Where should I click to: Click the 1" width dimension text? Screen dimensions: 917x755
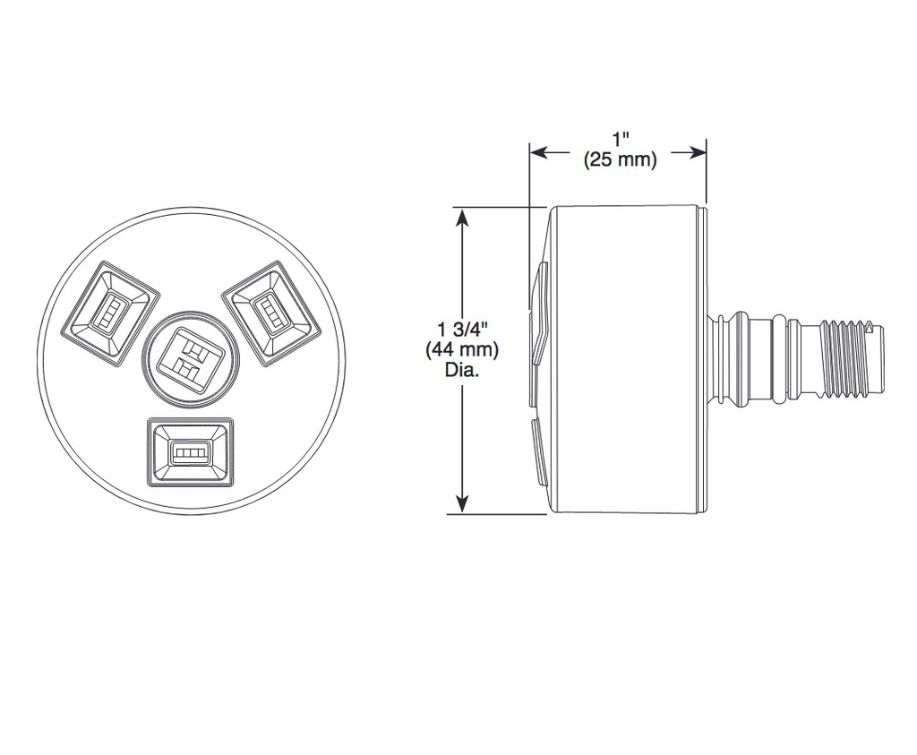click(x=621, y=141)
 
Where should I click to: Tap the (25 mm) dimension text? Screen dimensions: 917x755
click(x=621, y=159)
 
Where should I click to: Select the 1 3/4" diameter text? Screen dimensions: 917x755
click(x=461, y=330)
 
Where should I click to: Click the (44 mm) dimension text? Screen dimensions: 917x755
click(x=462, y=349)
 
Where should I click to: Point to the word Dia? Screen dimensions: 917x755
click(x=462, y=370)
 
